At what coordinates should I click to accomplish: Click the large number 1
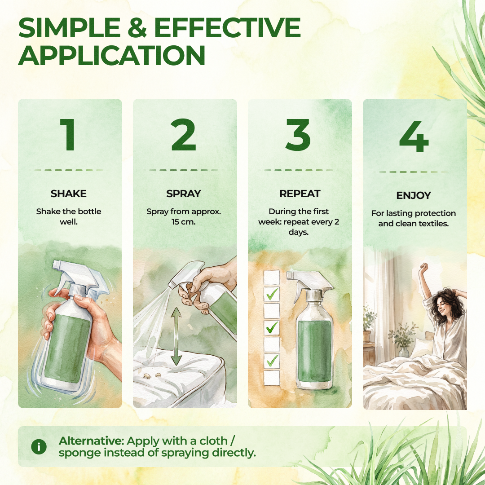coord(68,135)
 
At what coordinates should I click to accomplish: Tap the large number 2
coord(183,135)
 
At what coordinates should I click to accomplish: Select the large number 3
coord(298,135)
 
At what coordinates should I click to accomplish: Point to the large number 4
coord(414,137)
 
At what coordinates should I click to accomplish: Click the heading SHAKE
coord(69,194)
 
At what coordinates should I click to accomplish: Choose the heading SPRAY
coord(184,194)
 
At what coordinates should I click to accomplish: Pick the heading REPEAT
coord(300,194)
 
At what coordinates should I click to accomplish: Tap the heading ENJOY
coord(414,195)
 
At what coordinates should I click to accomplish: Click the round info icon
coord(39,447)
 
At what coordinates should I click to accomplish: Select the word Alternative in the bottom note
coord(91,441)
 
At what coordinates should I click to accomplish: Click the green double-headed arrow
coord(176,336)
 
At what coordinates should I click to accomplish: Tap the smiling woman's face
coord(443,306)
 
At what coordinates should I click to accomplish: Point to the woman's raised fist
coord(423,267)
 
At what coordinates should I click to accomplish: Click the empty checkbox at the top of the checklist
coord(272,278)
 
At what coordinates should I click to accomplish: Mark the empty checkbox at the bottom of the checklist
coord(272,378)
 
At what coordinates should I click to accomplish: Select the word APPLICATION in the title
coord(112,55)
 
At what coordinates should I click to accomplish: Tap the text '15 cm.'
coord(183,222)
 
